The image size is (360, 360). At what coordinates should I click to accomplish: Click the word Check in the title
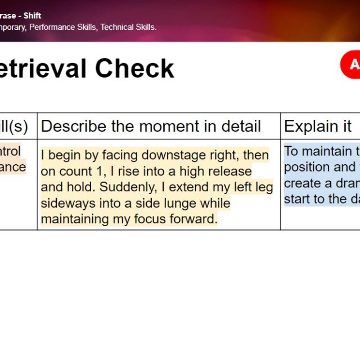tap(134, 69)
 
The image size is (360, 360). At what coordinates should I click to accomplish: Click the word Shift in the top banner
tap(32, 16)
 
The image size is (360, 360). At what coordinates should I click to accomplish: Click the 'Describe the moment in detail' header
tap(151, 126)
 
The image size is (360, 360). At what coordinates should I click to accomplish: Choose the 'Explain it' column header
tap(318, 126)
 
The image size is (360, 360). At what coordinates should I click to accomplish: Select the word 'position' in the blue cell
tap(307, 167)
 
